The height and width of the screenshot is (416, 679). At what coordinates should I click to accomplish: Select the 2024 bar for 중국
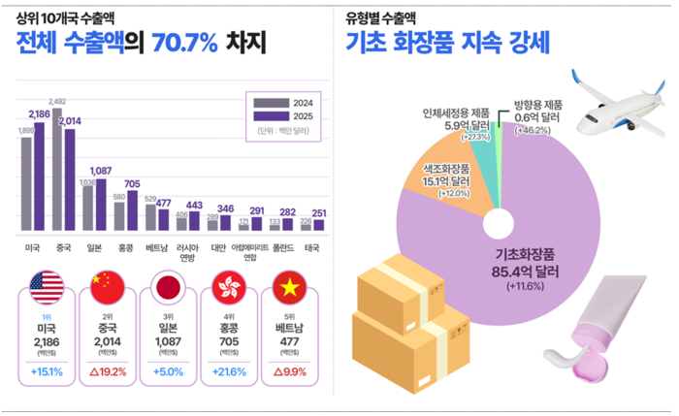click(x=57, y=170)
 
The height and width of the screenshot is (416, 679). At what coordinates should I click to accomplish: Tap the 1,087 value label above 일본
click(x=102, y=171)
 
